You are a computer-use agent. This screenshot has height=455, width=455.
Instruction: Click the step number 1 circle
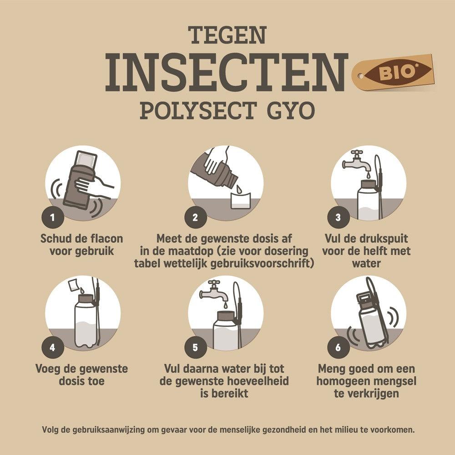[x=52, y=217]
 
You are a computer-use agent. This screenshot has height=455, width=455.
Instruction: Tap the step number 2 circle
[x=195, y=217]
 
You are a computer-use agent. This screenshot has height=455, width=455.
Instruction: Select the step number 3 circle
[x=338, y=217]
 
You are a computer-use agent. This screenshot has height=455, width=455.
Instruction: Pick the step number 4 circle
[x=52, y=348]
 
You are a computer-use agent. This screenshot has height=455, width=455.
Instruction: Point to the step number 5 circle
[x=195, y=348]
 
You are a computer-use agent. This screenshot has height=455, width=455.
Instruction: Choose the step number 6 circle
[x=338, y=348]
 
